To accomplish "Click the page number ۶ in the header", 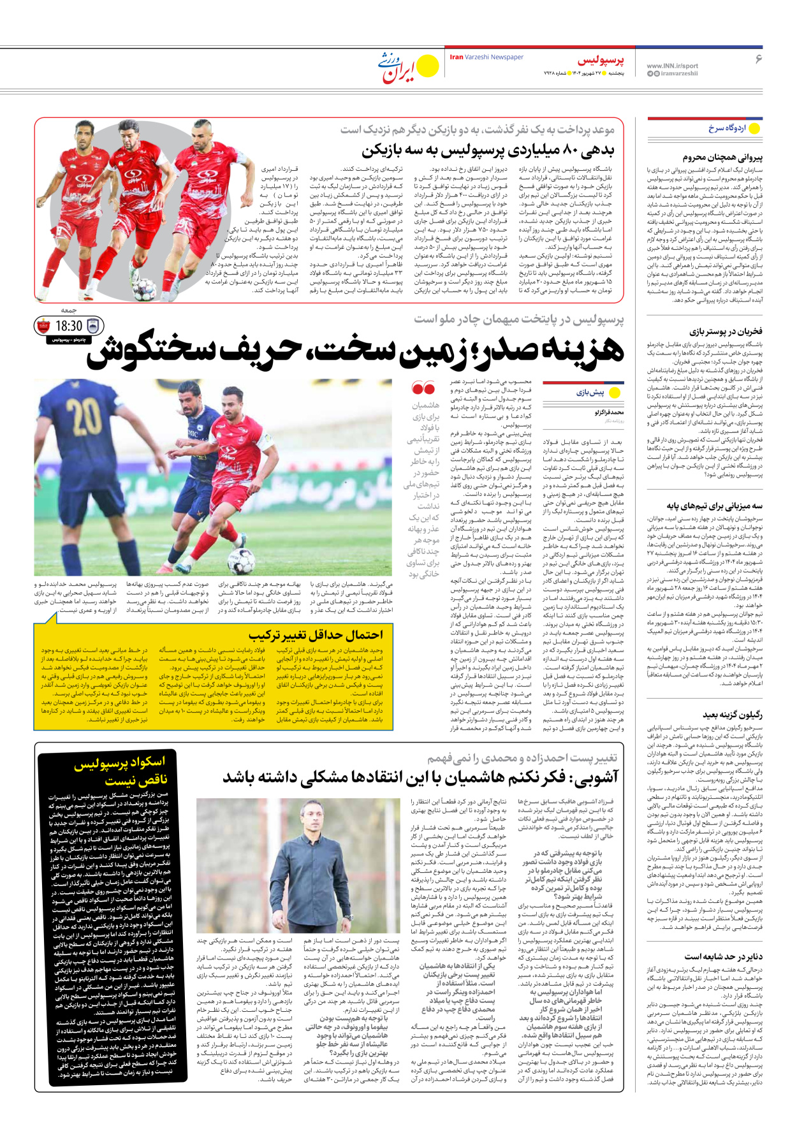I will pos(758,59).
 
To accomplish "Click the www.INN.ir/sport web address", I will pos(672,66).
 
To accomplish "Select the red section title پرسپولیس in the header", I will pos(601,61).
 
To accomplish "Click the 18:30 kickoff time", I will pos(69,326).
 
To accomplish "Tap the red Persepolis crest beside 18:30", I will pos(43,326).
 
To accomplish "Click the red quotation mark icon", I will pos(423,388).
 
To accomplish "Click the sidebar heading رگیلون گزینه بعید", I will pos(732,715).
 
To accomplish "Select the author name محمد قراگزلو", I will pos(608,412).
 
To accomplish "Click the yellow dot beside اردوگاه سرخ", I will pos(754,128).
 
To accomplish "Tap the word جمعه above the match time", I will pos(69,310).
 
